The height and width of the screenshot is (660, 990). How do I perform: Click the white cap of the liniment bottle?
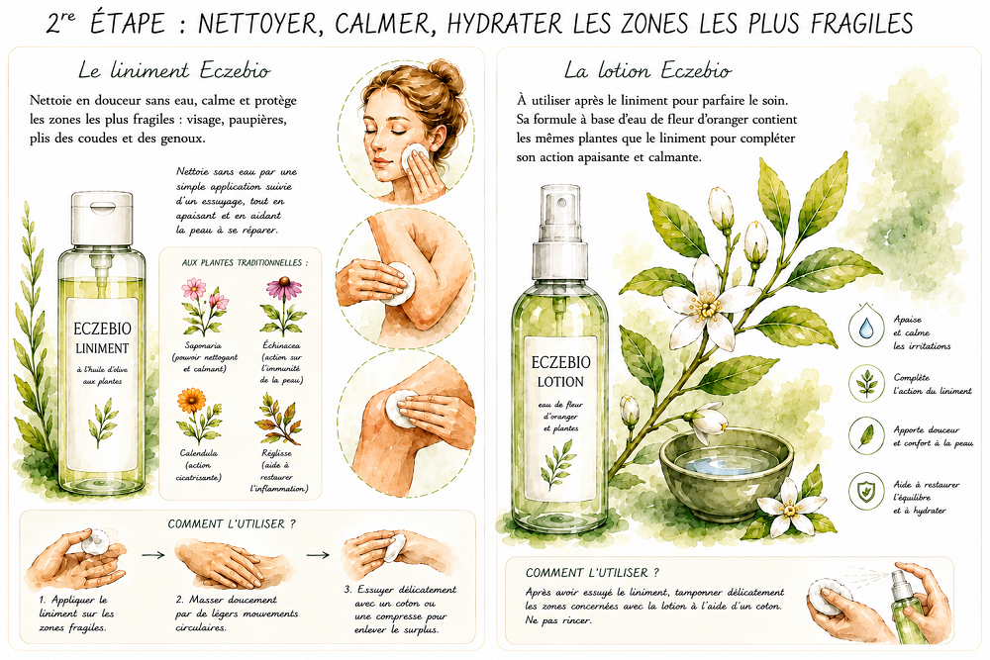(102, 219)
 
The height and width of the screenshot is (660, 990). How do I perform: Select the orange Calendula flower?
(191, 401)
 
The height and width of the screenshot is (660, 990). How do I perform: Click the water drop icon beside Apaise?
(865, 326)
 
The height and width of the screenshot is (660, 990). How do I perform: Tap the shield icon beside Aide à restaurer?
(865, 491)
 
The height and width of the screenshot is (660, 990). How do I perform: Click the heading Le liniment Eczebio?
(174, 70)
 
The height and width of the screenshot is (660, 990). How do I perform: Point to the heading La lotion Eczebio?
(647, 70)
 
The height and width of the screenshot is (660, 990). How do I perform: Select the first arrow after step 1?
(153, 555)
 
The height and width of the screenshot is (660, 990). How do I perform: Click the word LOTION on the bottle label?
(560, 382)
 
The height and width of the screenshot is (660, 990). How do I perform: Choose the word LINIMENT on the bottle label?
(102, 348)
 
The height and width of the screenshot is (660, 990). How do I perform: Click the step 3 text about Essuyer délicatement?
(400, 610)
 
